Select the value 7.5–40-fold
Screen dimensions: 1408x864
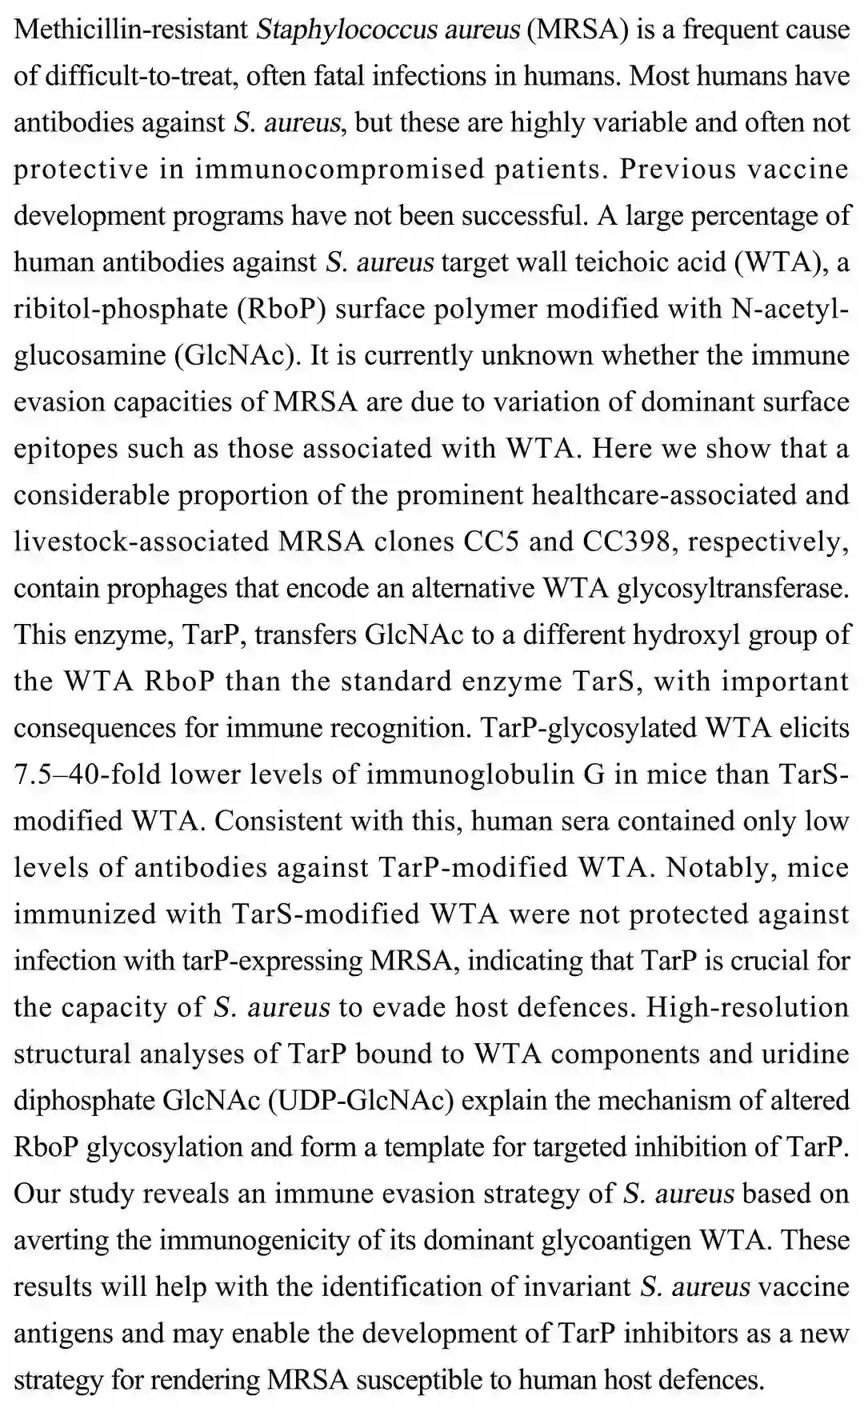click(85, 774)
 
